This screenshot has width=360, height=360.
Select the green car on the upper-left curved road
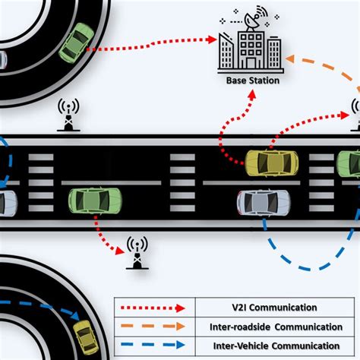(76, 43)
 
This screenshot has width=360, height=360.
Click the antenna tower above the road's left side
(68, 116)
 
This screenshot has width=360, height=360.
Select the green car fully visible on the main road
(95, 201)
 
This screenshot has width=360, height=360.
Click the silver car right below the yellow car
(263, 201)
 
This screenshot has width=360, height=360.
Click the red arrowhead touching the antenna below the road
(122, 248)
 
